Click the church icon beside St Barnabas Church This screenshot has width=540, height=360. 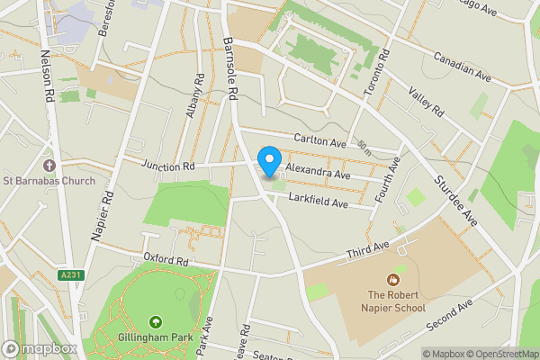49,166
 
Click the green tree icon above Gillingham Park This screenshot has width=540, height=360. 157,321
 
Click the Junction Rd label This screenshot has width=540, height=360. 169,166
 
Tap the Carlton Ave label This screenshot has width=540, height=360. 319,142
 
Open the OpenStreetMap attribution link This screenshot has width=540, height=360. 500,354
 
